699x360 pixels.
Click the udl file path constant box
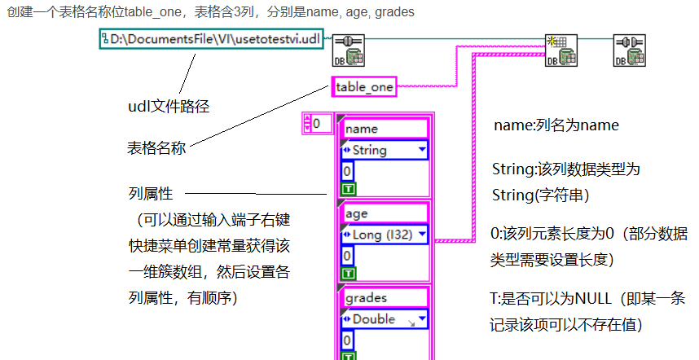pos(213,39)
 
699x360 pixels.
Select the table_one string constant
pos(364,86)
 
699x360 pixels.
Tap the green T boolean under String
pos(348,188)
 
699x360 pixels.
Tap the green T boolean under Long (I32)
pos(348,273)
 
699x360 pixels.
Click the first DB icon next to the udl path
pos(349,50)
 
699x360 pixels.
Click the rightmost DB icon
pos(629,50)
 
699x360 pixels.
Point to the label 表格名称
pos(157,148)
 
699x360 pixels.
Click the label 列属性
pos(151,193)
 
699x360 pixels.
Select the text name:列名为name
pos(556,126)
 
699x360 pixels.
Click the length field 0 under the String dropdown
pos(348,171)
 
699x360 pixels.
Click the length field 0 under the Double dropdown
pos(348,340)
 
